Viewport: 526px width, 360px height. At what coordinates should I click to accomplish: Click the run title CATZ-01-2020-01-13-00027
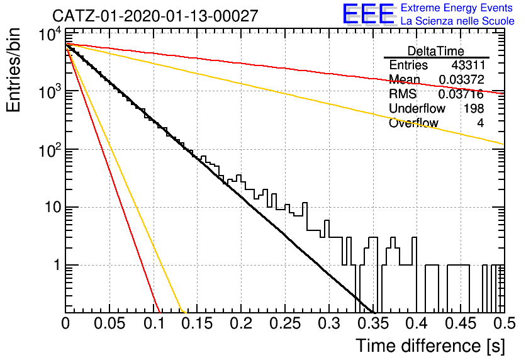[x=155, y=16]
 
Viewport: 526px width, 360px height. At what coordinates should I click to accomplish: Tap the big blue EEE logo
[x=368, y=14]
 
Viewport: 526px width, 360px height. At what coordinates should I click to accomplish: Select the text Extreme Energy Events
[x=457, y=8]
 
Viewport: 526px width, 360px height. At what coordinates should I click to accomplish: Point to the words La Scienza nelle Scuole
[x=457, y=21]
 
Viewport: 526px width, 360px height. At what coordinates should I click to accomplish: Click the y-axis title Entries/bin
[x=13, y=70]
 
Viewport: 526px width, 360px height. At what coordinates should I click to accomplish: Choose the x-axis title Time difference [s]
[x=430, y=346]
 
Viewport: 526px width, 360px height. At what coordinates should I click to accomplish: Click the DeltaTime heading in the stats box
[x=435, y=51]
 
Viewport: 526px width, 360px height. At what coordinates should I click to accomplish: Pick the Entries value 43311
[x=468, y=65]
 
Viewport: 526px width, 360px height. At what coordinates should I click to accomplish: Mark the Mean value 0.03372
[x=462, y=79]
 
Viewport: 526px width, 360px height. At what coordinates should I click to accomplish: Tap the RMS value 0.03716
[x=461, y=94]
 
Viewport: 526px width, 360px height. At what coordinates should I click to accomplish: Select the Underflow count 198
[x=474, y=108]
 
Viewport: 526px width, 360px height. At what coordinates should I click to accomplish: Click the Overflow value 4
[x=480, y=123]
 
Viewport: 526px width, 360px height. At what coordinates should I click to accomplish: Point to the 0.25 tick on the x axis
[x=285, y=323]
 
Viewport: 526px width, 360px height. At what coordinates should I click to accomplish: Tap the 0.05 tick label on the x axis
[x=109, y=323]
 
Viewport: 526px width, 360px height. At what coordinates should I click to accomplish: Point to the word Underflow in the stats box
[x=417, y=108]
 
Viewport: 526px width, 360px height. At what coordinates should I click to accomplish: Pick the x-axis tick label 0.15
[x=198, y=323]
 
